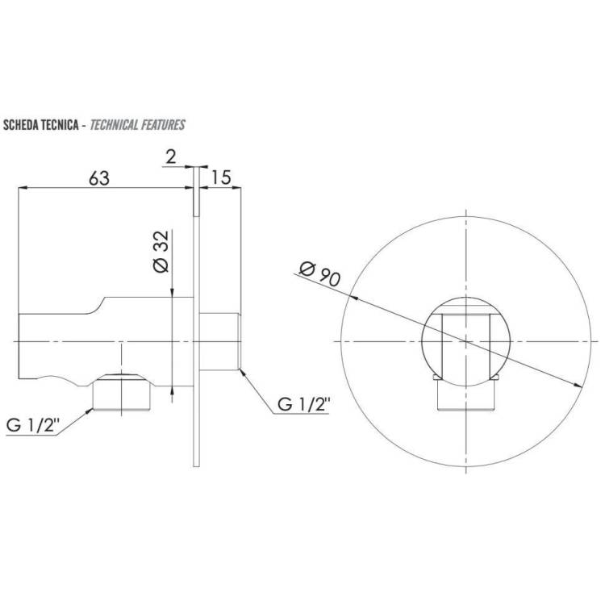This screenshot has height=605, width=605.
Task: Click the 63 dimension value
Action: click(x=99, y=178)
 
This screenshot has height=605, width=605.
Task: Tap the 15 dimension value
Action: click(x=221, y=177)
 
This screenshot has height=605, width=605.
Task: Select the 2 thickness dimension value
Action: click(x=170, y=157)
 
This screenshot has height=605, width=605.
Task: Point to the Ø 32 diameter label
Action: click(x=161, y=252)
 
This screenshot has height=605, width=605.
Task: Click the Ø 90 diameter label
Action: click(x=320, y=274)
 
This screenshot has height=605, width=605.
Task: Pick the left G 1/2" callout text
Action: click(x=33, y=426)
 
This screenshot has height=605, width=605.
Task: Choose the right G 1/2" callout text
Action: click(x=304, y=405)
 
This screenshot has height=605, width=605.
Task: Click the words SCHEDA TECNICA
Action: click(x=41, y=125)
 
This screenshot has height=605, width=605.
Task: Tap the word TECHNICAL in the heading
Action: click(x=114, y=125)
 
